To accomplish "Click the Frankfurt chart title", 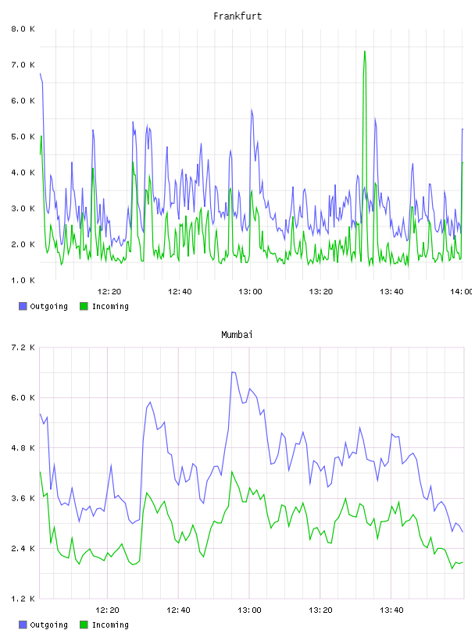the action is [237, 16].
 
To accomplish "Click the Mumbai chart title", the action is [237, 335].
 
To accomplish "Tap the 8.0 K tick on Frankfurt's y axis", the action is [23, 29].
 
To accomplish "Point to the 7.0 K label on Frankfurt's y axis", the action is [23, 65].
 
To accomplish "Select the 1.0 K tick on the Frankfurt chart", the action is [23, 280].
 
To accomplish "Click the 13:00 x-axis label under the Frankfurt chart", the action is [251, 292].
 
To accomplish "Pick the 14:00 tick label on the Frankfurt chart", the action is [462, 292].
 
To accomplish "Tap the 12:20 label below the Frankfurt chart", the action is [109, 292].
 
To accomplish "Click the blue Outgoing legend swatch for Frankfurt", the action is [23, 306].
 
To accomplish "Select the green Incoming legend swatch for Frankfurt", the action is [84, 306].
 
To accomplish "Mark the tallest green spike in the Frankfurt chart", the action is [365, 52].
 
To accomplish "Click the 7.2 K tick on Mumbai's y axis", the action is [23, 347].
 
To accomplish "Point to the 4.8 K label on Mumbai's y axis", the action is [23, 448].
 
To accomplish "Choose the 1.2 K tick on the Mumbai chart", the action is [23, 599].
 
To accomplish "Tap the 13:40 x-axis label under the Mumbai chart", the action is [391, 610].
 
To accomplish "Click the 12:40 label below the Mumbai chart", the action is [179, 610].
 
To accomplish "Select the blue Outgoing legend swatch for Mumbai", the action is [23, 625].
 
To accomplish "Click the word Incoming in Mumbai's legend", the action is [110, 625].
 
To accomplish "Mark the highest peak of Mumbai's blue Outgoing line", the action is [233, 372].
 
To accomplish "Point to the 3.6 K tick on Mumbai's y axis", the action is [23, 499].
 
